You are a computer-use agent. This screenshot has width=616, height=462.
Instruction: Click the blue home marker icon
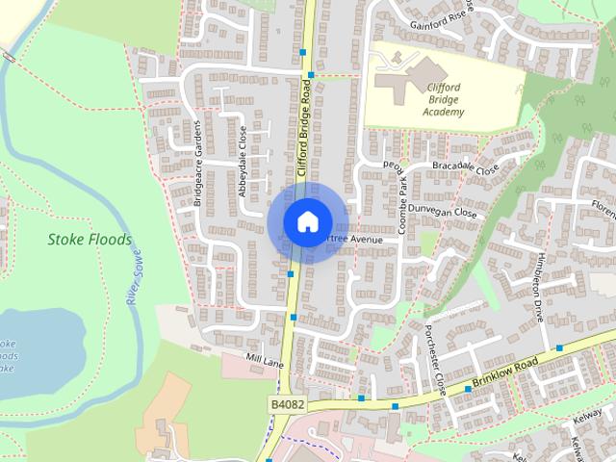pos(306,222)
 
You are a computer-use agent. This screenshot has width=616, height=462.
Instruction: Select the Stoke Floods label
pos(89,239)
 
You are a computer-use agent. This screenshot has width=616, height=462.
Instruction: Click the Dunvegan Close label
pos(442,212)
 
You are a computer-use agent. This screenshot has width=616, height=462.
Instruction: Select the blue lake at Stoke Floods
pos(24,351)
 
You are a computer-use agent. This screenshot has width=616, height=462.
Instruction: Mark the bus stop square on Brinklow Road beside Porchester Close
pos(469,388)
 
